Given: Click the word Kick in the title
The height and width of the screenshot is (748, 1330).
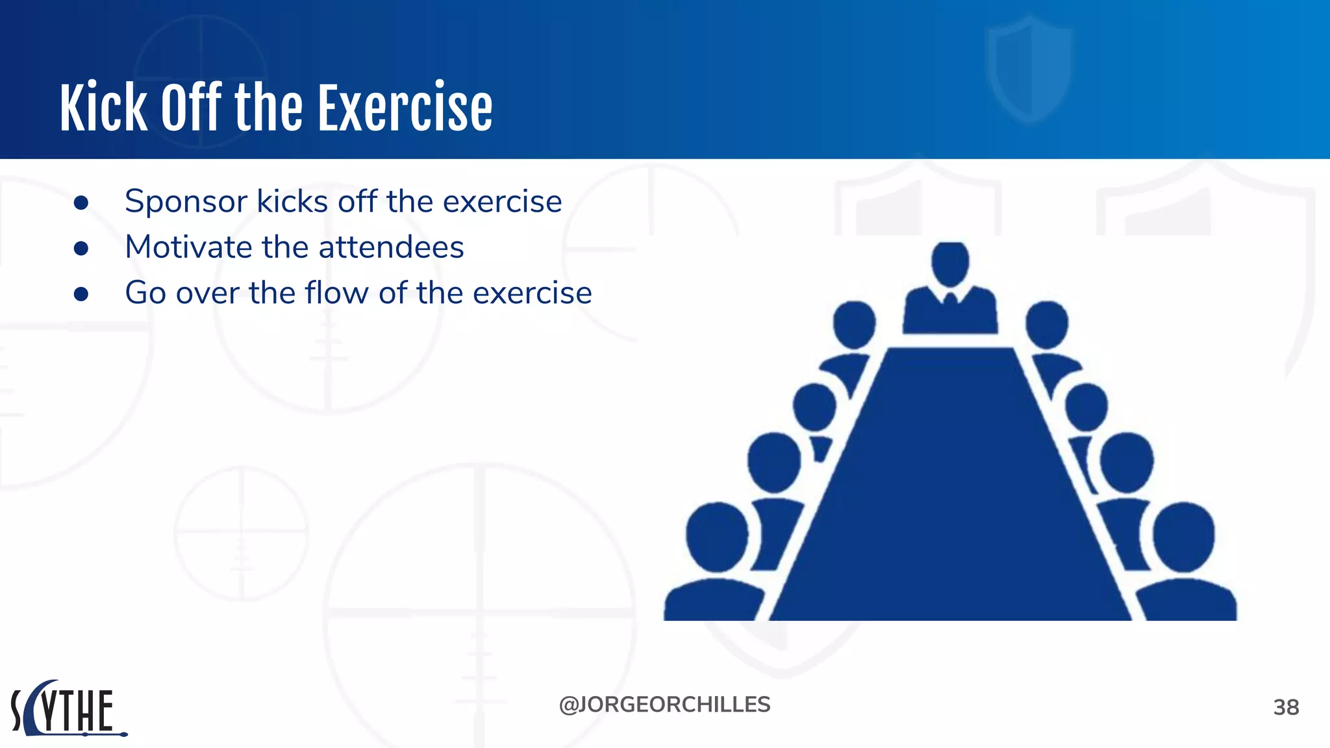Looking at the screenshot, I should [x=104, y=108].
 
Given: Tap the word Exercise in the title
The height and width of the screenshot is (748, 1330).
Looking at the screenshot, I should [x=405, y=108].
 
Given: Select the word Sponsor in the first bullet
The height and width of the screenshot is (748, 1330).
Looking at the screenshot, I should [x=186, y=201].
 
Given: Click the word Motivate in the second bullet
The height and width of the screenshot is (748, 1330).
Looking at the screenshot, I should [x=188, y=247].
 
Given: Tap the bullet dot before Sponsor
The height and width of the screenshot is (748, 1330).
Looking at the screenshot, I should [x=81, y=203].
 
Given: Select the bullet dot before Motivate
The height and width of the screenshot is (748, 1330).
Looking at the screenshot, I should [x=81, y=249].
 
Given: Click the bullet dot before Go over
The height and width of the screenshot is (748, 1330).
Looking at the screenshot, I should [x=81, y=295].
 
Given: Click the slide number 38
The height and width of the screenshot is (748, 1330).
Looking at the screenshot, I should [x=1286, y=707].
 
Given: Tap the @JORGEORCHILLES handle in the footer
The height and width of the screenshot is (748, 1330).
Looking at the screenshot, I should [x=664, y=704].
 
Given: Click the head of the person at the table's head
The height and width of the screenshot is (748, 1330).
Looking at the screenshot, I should [x=950, y=263].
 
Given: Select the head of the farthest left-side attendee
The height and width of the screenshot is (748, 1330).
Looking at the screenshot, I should [x=854, y=324].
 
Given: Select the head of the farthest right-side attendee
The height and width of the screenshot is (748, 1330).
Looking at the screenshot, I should [x=1047, y=324].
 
